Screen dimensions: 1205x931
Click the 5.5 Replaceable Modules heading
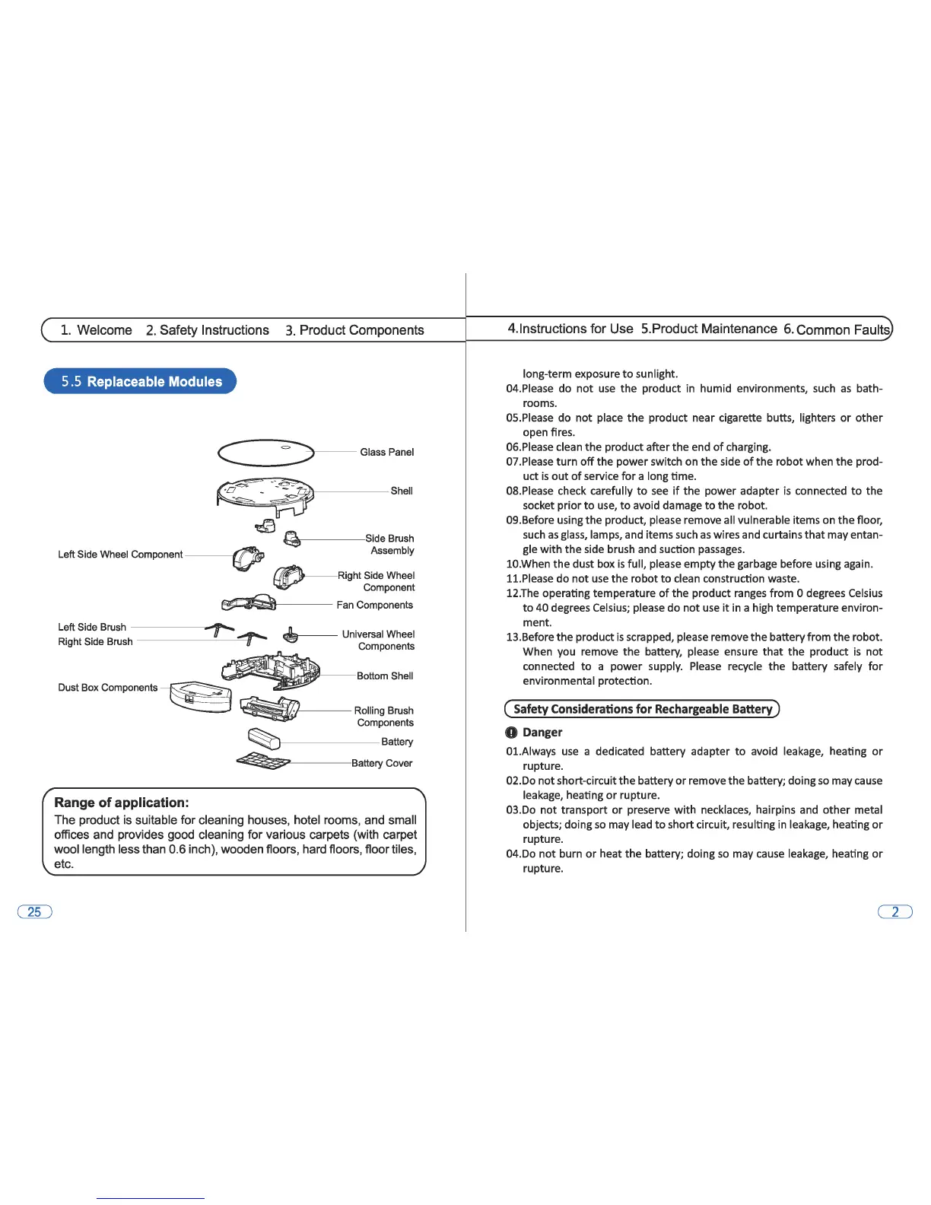141,381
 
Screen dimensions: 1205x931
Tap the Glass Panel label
386,452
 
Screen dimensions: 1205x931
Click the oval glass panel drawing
265,452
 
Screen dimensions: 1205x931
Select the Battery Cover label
382,763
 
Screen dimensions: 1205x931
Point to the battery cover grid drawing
263,761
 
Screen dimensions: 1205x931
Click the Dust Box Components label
108,688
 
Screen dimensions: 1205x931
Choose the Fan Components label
375,605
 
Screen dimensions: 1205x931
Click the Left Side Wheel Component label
120,555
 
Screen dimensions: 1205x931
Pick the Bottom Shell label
385,676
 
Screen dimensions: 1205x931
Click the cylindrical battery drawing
265,737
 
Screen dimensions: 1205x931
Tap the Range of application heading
122,803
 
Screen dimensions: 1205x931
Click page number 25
34,911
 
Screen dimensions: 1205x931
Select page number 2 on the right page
895,911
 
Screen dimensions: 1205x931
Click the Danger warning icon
511,733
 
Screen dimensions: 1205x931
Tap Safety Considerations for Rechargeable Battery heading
643,709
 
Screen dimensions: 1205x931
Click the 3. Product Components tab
354,330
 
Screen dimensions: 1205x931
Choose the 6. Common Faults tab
837,329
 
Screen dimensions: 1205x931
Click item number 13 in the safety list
513,637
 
